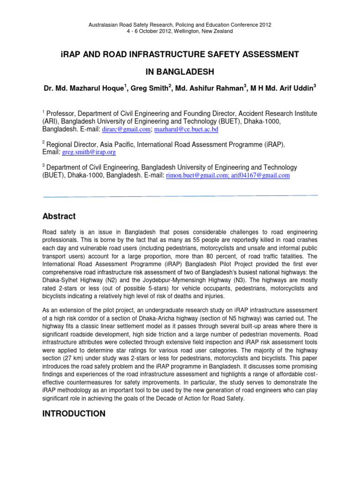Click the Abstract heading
click(x=60, y=216)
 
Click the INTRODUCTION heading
click(x=74, y=414)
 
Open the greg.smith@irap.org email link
click(x=89, y=152)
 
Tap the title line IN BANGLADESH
click(x=180, y=71)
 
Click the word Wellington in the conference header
click(x=165, y=31)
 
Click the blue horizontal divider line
click(x=180, y=196)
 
